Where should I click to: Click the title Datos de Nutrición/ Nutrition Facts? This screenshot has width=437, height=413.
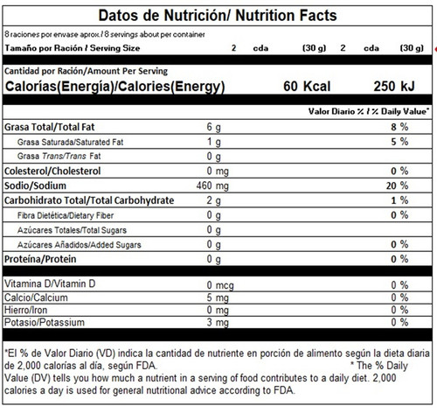218,16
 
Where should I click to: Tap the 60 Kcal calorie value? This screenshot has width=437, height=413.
307,87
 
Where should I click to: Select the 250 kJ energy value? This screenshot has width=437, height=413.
394,87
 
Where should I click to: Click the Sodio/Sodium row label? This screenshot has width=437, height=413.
35,185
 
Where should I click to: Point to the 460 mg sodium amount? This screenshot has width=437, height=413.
212,185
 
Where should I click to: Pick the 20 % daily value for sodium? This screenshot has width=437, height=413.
397,185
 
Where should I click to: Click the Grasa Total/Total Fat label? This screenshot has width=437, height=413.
50,127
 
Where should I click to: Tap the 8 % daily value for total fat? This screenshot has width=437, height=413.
399,127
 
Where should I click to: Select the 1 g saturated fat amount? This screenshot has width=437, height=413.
214,142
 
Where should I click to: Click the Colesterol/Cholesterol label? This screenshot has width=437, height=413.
52,171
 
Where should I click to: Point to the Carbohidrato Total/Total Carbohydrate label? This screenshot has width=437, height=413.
89,200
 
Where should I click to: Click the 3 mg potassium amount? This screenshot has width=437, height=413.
218,322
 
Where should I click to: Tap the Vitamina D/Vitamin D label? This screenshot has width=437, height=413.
50,283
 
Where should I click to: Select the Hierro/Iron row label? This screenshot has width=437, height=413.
25,310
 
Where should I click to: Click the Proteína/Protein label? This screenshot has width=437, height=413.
40,259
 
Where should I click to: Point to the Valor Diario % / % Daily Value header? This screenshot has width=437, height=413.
369,111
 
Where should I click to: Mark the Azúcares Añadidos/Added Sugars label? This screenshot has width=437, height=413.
80,245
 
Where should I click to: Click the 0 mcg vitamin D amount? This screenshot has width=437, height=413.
220,285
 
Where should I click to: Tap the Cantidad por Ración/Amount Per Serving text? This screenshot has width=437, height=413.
86,71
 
